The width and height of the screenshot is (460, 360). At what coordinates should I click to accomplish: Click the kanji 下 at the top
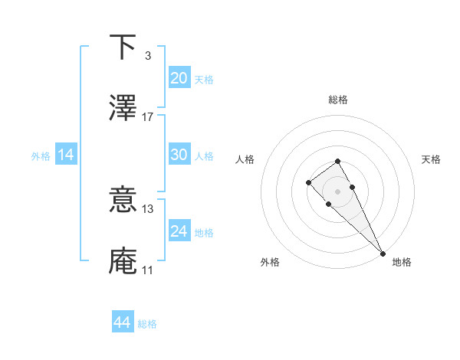pos(123,47)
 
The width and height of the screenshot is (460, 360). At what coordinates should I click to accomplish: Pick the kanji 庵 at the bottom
pos(123,261)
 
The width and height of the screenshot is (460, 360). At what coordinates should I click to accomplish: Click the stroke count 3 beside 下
pos(147,56)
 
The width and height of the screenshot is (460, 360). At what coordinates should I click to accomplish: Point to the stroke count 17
pos(148,117)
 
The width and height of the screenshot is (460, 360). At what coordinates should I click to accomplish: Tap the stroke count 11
pos(147,270)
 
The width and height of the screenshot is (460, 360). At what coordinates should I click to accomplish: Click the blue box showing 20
pos(179,78)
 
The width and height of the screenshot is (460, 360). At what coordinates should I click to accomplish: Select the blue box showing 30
pos(179,155)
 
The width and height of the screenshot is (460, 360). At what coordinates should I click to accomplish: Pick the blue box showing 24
pos(179,231)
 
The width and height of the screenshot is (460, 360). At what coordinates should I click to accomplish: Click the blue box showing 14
pos(66,155)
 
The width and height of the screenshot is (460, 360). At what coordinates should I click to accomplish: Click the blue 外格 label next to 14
pos(41,156)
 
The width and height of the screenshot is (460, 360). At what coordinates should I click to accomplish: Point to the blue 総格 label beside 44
pos(147,325)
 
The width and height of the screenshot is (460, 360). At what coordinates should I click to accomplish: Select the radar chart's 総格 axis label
pos(337,100)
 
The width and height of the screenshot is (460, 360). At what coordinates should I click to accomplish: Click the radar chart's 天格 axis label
pos(432,159)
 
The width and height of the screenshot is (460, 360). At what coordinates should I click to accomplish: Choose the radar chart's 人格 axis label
pos(245,159)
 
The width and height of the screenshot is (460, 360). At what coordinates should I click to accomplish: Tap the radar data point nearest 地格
pos(383,253)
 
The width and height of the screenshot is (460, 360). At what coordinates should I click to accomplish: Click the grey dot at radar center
pos(337,191)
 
